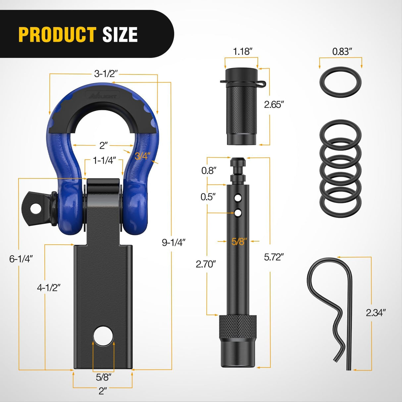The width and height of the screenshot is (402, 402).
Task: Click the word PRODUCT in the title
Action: point(57,34)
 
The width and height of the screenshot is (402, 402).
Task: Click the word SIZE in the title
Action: point(120,34)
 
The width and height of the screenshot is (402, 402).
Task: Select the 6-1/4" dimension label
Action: point(21,259)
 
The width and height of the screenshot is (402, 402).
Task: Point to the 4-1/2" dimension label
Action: point(48,287)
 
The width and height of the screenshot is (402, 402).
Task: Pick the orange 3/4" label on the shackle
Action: point(143,156)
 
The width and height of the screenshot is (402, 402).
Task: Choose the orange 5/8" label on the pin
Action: point(239,241)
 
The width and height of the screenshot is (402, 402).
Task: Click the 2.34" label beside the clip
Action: point(376,312)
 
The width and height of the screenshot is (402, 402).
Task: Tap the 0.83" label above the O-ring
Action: point(342,51)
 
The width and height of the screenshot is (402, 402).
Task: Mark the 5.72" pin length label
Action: point(274,257)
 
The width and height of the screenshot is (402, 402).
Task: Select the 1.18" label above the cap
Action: point(243,51)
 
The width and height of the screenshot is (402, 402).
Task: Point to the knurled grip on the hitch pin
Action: point(237,326)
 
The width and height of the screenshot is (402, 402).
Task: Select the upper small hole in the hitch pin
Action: point(238,198)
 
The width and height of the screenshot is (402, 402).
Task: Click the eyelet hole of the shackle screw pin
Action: point(35,208)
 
